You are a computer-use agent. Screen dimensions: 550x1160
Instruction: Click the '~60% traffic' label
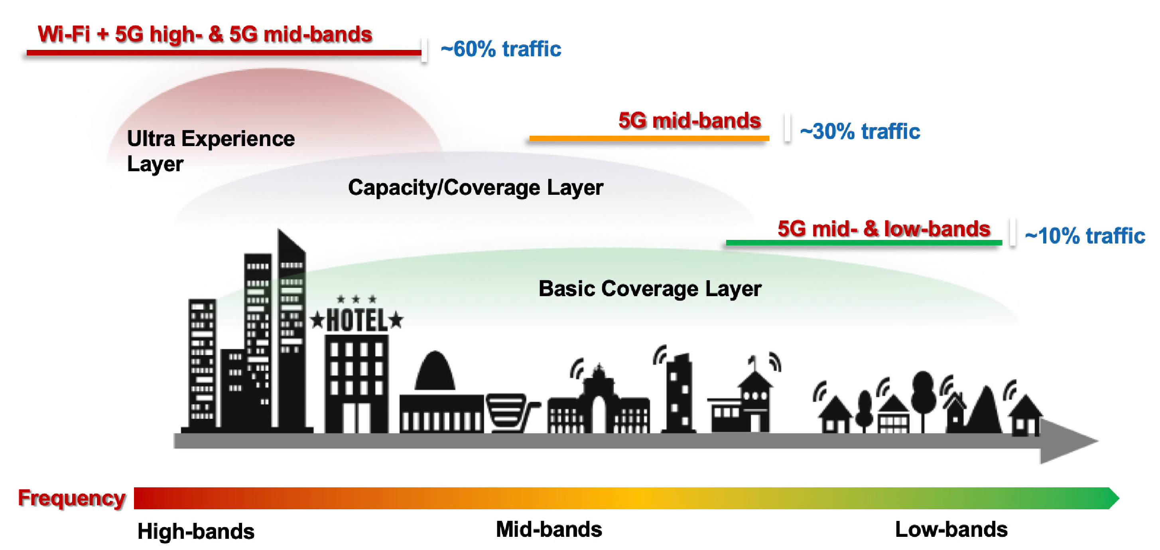click(x=501, y=49)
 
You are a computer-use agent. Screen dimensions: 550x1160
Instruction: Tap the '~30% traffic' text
click(x=860, y=131)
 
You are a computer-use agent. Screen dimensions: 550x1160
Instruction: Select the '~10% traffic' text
click(x=1084, y=236)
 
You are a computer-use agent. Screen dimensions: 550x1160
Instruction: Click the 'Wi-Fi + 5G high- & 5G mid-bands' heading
click(x=205, y=34)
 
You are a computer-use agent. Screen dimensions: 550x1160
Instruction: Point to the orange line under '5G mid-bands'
click(x=648, y=138)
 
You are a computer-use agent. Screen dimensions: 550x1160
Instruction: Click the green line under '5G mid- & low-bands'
click(x=863, y=243)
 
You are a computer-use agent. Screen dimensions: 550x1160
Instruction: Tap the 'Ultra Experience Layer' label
click(x=210, y=150)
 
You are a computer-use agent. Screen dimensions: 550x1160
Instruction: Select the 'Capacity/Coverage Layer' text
click(x=475, y=187)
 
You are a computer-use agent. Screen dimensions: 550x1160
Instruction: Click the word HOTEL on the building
click(x=356, y=320)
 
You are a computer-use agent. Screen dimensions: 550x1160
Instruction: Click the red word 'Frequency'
click(x=71, y=498)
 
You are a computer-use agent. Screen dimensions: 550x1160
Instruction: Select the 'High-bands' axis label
click(x=195, y=531)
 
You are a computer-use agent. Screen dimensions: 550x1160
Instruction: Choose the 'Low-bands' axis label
click(x=951, y=529)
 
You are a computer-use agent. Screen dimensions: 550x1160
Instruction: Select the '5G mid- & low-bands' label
click(x=884, y=229)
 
